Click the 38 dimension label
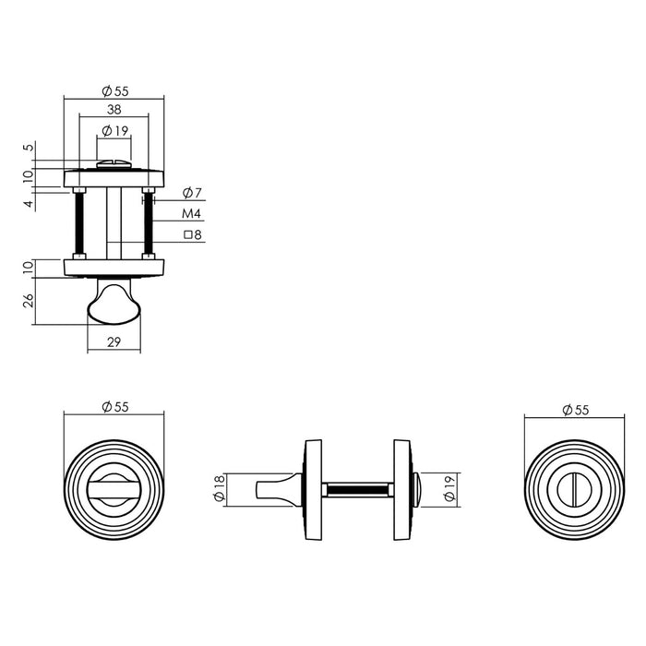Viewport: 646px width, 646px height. point(113,109)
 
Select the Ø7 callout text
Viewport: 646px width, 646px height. point(192,193)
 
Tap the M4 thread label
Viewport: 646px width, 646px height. point(191,214)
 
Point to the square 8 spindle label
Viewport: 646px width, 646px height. point(192,235)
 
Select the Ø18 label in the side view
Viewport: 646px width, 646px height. point(219,489)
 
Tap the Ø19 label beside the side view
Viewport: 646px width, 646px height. point(449,488)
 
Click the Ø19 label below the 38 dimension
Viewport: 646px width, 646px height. point(114,130)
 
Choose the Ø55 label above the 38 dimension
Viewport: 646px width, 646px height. point(114,90)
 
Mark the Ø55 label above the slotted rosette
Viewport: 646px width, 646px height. point(574,411)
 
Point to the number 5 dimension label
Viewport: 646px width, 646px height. point(29,148)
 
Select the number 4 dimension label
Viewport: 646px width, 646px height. point(29,203)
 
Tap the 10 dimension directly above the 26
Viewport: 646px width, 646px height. point(29,268)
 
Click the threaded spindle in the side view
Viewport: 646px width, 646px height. point(358,486)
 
